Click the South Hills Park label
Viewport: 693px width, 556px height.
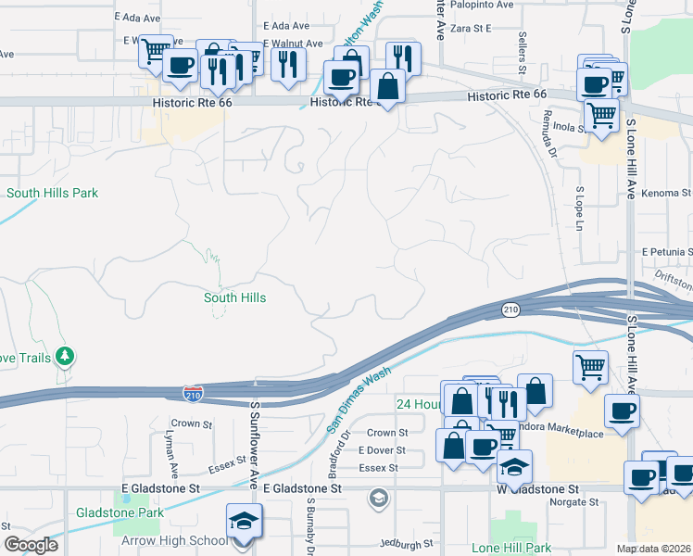click(52, 193)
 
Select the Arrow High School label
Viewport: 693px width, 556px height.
click(173, 540)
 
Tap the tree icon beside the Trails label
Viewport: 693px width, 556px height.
click(65, 356)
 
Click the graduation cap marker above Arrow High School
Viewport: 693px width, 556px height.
click(245, 522)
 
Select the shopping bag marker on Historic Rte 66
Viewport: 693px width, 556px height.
click(387, 87)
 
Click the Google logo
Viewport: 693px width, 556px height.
click(31, 544)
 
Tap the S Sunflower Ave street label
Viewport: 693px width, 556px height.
click(253, 446)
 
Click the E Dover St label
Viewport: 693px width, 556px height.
click(382, 449)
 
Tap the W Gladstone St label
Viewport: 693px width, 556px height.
click(538, 487)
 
